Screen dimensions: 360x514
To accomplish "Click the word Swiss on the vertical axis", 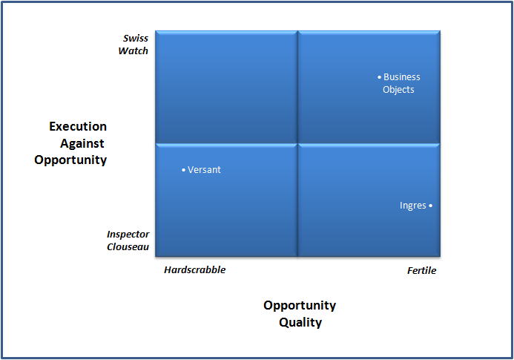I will (x=136, y=39).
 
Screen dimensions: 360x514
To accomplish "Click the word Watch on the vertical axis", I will (x=134, y=51).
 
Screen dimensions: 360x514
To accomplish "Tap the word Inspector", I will (x=128, y=234).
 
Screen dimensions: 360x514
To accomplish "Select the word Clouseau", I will (x=128, y=246).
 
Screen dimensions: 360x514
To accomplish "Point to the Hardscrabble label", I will (x=194, y=270).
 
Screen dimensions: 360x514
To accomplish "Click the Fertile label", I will (x=421, y=271).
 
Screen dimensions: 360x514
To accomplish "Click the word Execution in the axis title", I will (x=78, y=127).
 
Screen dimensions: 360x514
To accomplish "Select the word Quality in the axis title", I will (x=300, y=322).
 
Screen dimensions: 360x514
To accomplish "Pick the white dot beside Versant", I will (x=183, y=170).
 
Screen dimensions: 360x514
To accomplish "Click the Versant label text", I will (x=204, y=170).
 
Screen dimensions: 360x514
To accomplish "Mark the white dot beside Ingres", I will (x=430, y=206).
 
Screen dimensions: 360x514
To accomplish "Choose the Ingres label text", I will (x=412, y=206).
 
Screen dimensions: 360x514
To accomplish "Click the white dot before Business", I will (x=379, y=77).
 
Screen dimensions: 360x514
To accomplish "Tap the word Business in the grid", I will (x=401, y=77).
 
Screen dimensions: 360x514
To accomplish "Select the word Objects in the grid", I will (x=398, y=90).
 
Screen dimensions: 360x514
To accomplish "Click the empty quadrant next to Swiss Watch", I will (x=225, y=85).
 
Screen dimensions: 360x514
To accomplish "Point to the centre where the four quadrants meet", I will (x=297, y=143).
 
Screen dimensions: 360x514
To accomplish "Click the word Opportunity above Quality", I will (x=300, y=306).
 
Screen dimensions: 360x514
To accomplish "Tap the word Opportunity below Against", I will (x=70, y=160).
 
